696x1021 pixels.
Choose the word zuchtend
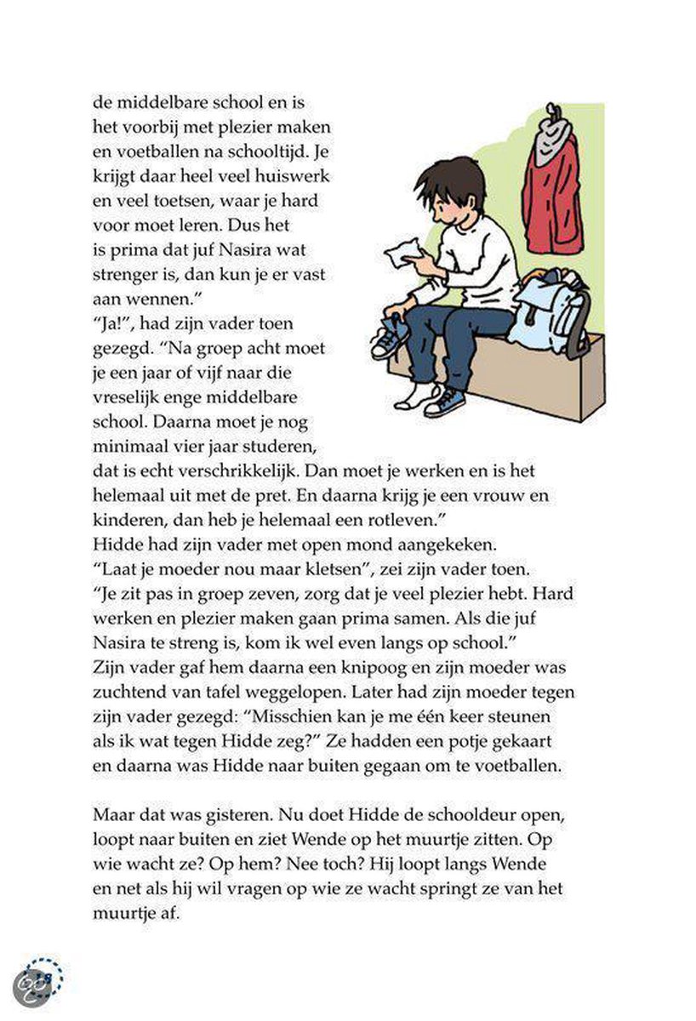coord(127,691)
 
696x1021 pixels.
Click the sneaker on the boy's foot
coord(446,400)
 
